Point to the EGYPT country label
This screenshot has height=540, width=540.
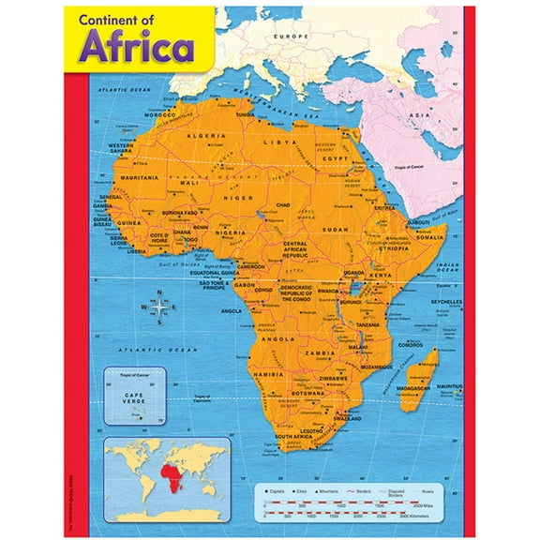[335, 159]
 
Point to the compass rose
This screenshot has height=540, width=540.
[159, 307]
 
